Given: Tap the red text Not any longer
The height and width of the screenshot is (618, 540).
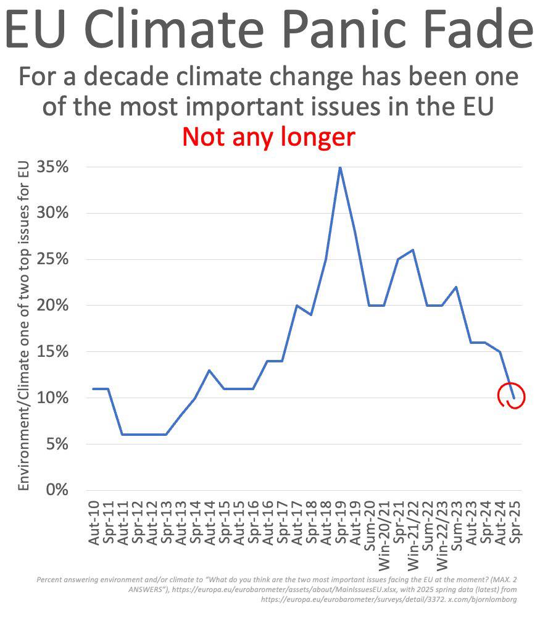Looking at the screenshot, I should (268, 137).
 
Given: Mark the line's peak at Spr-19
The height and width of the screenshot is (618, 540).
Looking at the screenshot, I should (339, 167).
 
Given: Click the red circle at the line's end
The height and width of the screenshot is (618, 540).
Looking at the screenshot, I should (513, 396).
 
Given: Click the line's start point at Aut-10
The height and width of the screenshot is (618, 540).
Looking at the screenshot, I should (94, 389).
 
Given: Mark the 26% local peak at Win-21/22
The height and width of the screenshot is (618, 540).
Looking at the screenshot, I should (412, 250).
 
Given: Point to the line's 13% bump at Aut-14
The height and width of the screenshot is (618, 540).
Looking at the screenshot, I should (210, 370).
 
